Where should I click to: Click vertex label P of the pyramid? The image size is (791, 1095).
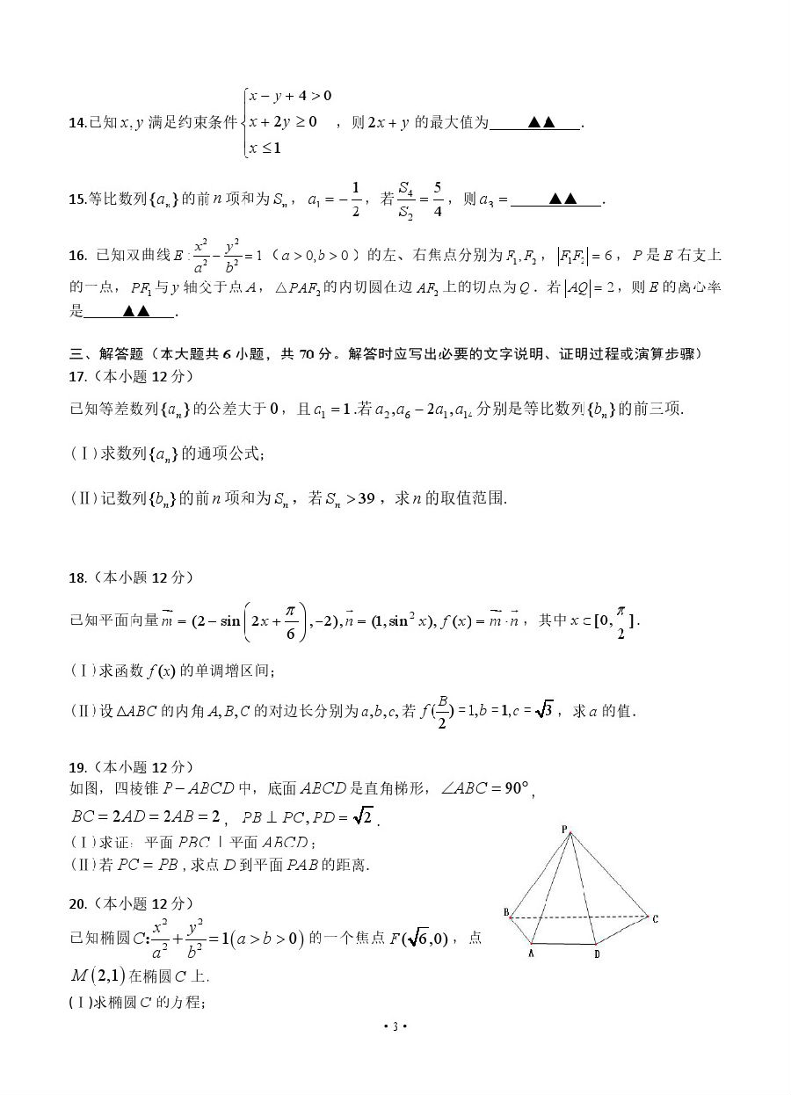coord(565,828)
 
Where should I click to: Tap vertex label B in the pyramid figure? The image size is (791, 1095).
coord(506,913)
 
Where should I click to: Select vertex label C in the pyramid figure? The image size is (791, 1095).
coord(655,918)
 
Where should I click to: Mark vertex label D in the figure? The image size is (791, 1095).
coord(596,954)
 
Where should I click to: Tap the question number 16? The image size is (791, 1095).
coord(76,256)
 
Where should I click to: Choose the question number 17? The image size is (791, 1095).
coord(76,376)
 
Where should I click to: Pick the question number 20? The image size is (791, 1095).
coord(76,903)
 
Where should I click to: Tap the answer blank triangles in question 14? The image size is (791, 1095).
coord(541,123)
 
